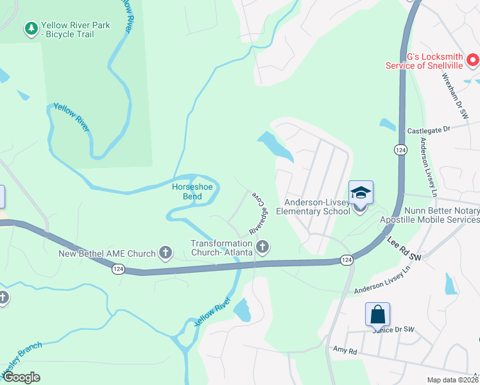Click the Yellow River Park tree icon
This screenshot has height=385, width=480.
(30, 28)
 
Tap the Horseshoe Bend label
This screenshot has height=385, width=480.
(187, 191)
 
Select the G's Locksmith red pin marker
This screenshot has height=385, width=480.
(473, 61)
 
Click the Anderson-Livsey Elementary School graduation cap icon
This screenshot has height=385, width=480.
(361, 192)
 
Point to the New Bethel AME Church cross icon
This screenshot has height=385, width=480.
(166, 252)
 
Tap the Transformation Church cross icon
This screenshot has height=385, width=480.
(262, 246)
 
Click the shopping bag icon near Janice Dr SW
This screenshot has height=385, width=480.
(377, 314)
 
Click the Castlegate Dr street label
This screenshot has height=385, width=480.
(429, 130)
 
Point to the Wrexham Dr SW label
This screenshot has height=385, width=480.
(456, 94)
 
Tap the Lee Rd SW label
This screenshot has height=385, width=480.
(404, 248)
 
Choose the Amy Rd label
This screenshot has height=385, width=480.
(344, 351)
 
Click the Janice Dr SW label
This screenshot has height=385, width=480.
(393, 330)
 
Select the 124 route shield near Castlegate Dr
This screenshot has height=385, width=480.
(400, 150)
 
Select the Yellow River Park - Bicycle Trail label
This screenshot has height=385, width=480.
(75, 30)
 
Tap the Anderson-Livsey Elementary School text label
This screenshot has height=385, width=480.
(313, 206)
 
